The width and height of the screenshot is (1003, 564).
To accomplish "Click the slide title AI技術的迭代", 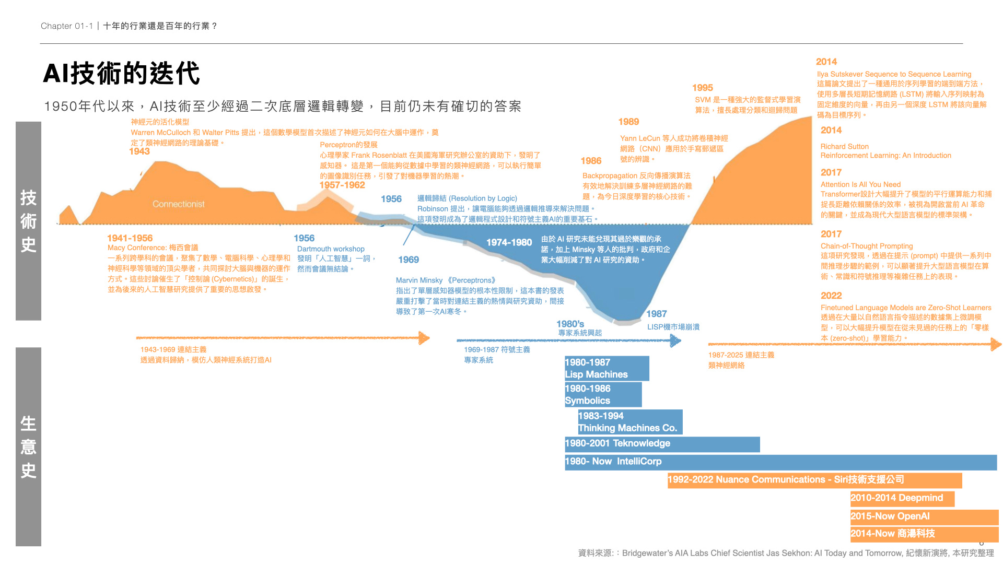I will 121,73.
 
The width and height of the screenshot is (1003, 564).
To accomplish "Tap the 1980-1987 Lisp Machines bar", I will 607,368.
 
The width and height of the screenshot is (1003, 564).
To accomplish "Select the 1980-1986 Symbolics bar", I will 603,394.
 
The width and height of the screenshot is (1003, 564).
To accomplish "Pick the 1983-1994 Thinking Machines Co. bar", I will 629,422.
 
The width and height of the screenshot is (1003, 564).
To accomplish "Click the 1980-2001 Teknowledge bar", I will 662,444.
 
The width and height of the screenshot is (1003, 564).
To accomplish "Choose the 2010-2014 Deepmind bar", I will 902,498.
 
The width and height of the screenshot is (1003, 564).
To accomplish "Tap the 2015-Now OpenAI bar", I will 924,516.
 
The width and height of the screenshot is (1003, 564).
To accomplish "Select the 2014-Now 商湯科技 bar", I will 924,534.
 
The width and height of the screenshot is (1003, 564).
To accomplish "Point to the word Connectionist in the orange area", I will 178,204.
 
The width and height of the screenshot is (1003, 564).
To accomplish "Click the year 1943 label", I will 139,151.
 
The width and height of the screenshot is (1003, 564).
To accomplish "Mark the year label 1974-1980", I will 509,242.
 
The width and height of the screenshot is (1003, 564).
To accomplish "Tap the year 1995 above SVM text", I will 702,88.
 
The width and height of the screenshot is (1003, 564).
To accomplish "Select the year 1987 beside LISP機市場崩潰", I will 656,314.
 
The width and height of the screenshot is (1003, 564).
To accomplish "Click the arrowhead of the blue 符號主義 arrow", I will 676,341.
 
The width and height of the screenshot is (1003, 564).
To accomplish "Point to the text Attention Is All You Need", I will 860,184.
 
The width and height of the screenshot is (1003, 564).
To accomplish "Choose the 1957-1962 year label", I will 342,185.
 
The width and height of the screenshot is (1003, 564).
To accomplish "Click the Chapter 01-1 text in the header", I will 67,26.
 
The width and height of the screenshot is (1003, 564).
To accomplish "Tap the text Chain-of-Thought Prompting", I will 867,246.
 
